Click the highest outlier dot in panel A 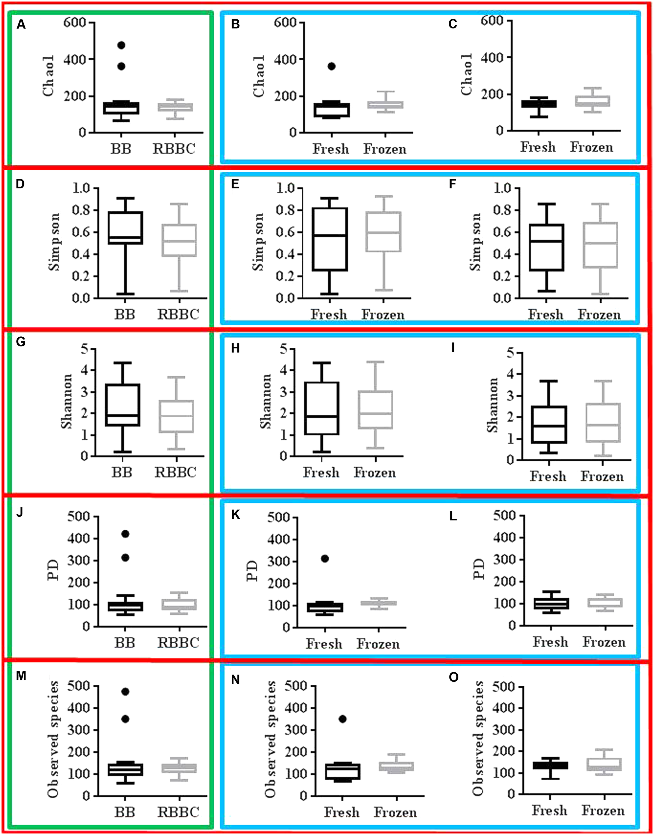click(122, 45)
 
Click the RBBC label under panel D click(178, 315)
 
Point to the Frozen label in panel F click(599, 315)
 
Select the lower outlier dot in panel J click(125, 558)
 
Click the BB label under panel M click(125, 812)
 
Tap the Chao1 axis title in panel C click(467, 74)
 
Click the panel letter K click(235, 515)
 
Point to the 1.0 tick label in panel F click(502, 188)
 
